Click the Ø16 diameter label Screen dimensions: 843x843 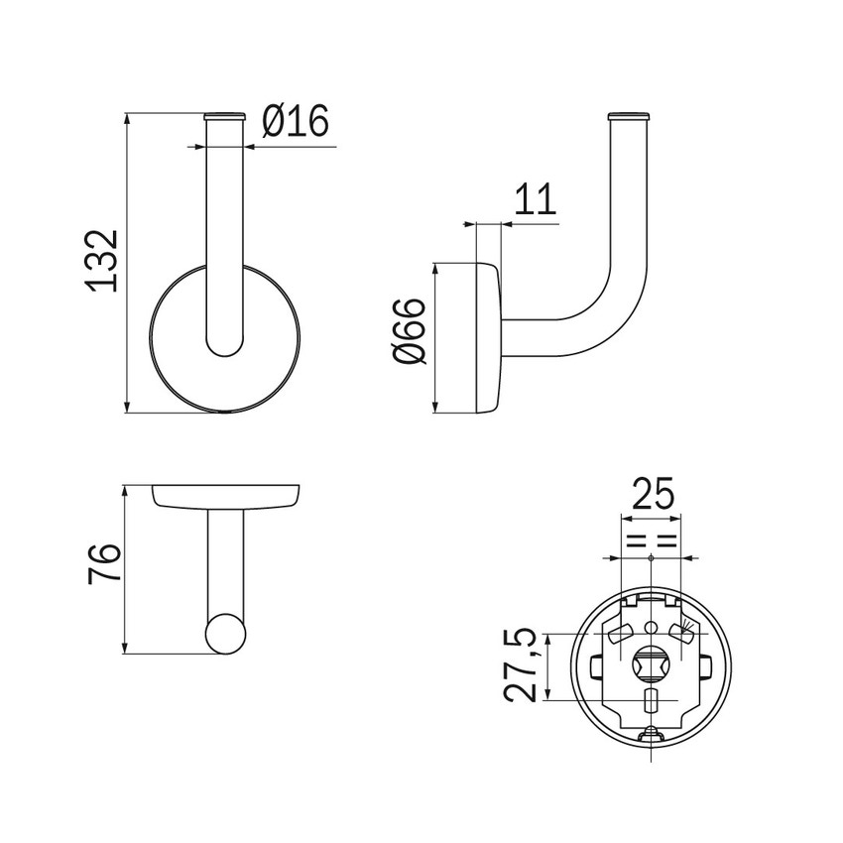(296, 120)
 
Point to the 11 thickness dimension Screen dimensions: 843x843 (535, 199)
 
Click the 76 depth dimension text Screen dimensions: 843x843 (103, 564)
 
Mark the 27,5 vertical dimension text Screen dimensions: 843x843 (521, 664)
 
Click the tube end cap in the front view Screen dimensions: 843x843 (225, 115)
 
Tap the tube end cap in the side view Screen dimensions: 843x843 (629, 115)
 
